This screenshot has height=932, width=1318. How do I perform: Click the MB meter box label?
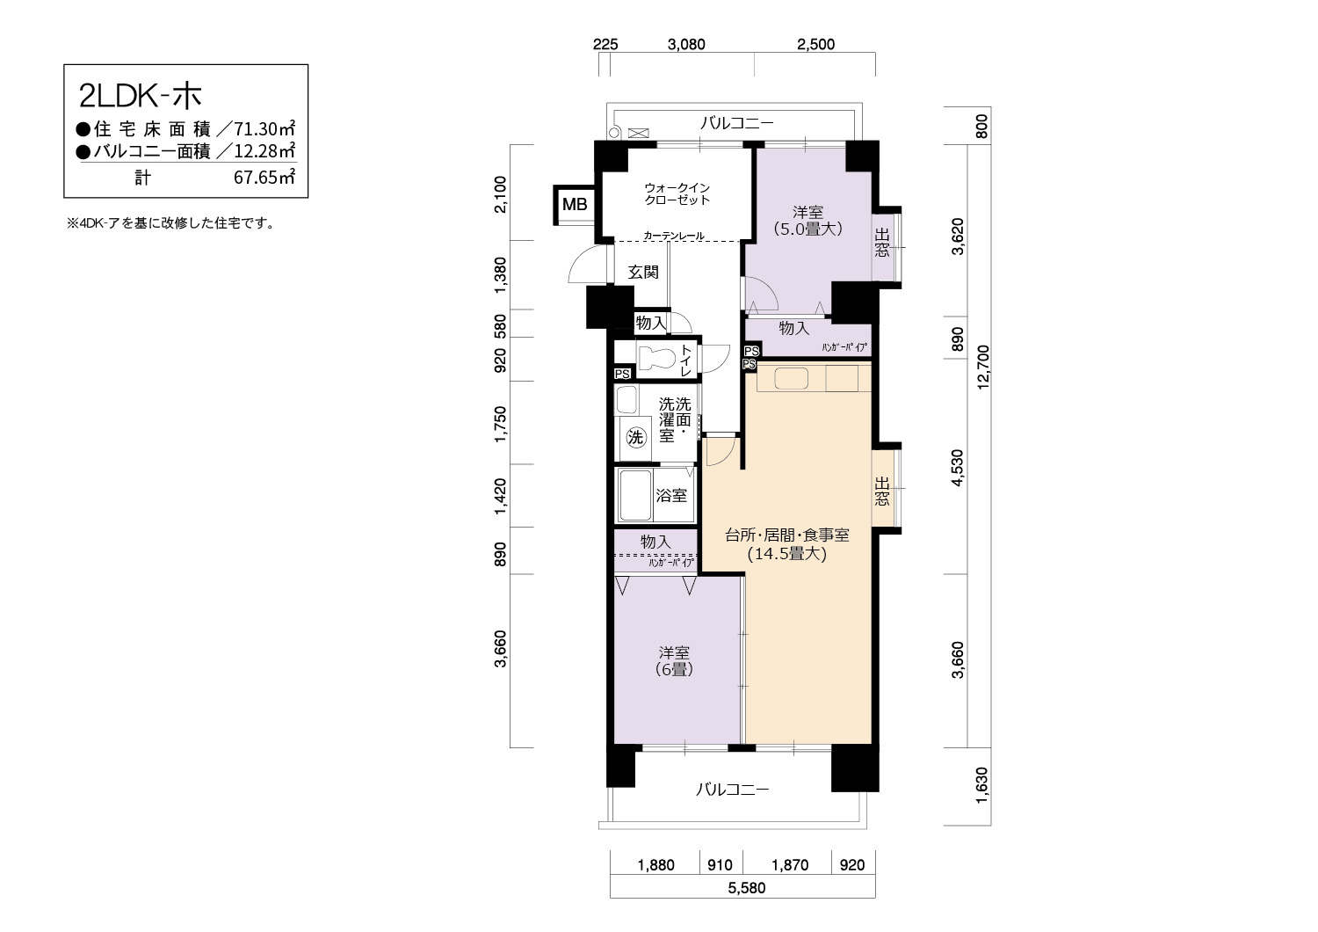(x=575, y=204)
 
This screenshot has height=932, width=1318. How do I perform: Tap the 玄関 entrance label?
(x=642, y=272)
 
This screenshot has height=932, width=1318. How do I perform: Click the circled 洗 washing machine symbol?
(x=635, y=438)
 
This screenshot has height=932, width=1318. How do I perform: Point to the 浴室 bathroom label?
(x=671, y=495)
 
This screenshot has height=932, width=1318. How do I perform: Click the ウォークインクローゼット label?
(x=677, y=193)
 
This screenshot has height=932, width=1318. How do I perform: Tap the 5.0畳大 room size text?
(x=807, y=229)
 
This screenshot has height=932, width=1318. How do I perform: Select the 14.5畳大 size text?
(x=787, y=553)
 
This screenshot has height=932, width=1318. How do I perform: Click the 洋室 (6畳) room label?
(x=674, y=660)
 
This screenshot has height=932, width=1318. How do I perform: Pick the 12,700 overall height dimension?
(x=983, y=367)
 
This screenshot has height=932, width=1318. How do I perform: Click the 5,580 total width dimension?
(x=747, y=888)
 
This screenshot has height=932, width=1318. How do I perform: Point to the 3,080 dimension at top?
(x=686, y=45)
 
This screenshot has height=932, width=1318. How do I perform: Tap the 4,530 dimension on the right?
(x=958, y=468)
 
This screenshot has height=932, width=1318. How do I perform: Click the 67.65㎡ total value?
(x=264, y=178)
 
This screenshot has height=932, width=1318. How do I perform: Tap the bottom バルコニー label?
(x=733, y=789)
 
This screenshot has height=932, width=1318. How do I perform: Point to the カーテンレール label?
(x=674, y=236)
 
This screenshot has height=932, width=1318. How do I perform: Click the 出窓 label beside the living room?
(x=881, y=491)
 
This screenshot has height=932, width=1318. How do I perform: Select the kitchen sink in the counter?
(x=791, y=379)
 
